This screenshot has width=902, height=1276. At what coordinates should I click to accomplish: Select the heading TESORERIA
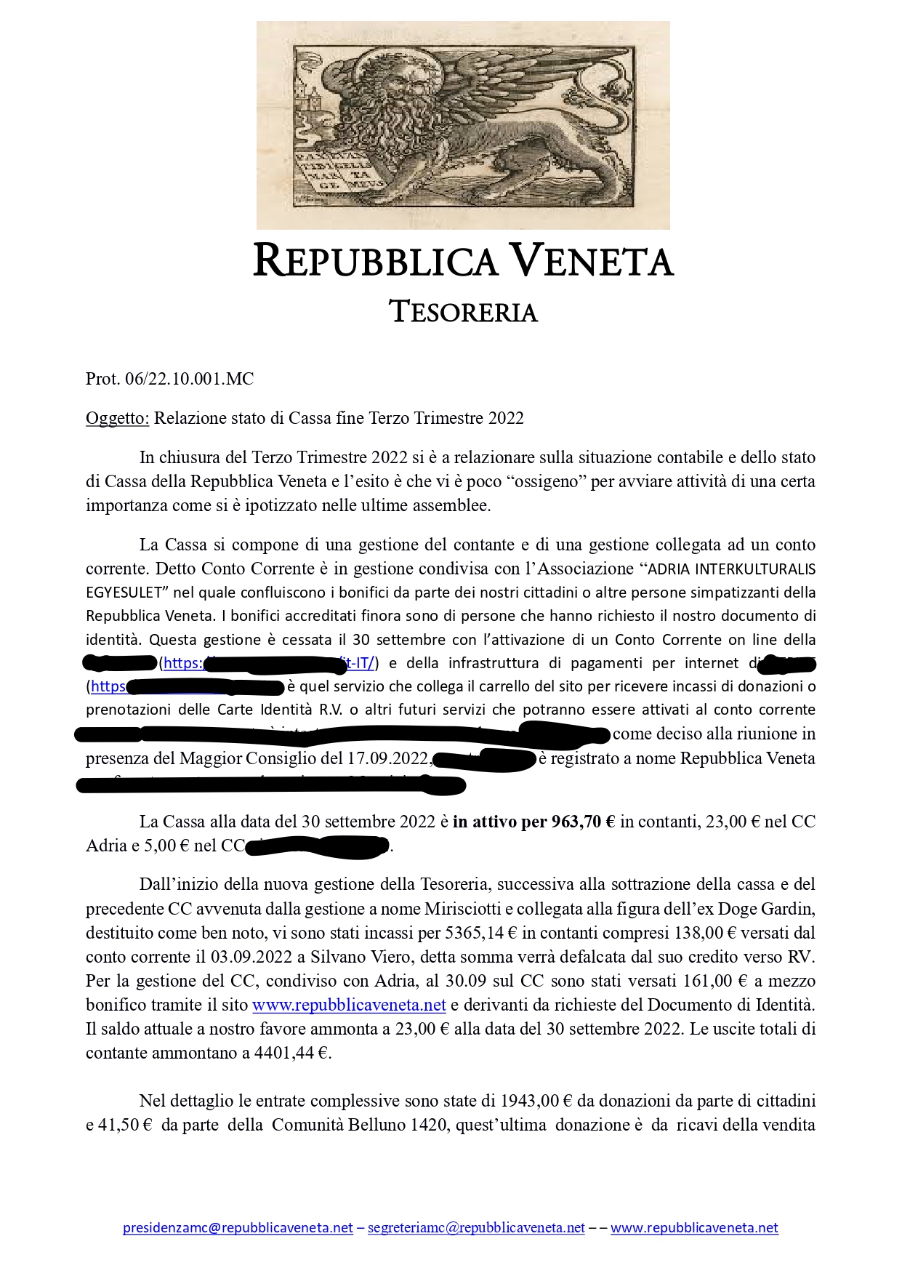point(464,312)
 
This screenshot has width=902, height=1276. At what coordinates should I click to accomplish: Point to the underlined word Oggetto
point(117,418)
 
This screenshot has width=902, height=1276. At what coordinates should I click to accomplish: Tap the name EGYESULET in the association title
point(123,593)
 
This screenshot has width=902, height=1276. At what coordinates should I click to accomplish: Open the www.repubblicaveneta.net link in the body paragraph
point(349,1005)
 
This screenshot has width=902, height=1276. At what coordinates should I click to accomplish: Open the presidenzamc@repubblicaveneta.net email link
point(238,1228)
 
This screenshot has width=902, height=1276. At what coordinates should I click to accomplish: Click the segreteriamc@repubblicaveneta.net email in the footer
point(476,1228)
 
